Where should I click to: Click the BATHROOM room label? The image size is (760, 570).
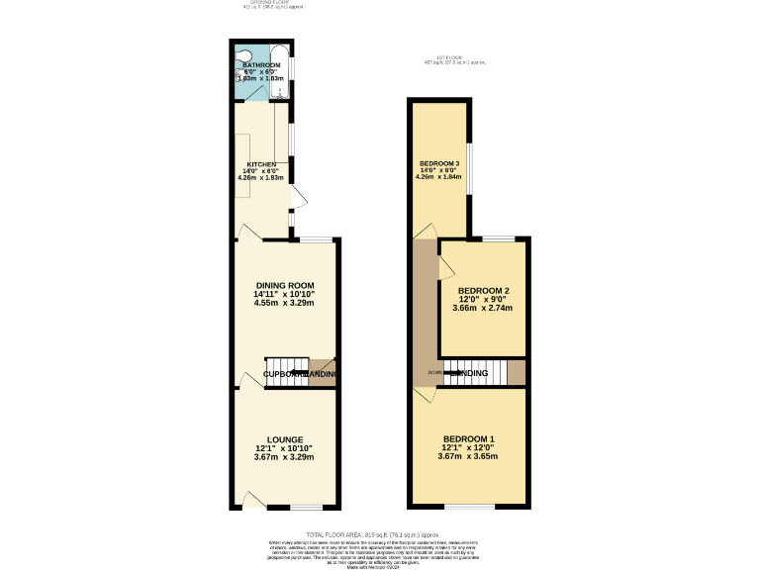click(262, 65)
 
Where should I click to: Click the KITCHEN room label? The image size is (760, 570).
click(261, 164)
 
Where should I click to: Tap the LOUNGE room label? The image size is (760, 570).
click(284, 439)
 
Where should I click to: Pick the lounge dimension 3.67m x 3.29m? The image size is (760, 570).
click(284, 457)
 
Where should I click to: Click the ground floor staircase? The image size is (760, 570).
click(286, 369)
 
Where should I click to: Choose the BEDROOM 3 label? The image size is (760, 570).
click(439, 163)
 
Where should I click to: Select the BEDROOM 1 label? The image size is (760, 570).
click(469, 439)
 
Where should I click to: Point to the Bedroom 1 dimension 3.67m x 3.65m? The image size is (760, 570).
click(469, 456)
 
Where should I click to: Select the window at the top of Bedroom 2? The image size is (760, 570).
click(498, 238)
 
